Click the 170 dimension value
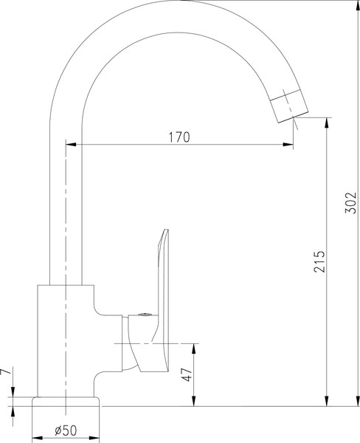(179, 137)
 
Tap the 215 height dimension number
(319, 262)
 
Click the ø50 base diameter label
(67, 430)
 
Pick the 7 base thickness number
(7, 374)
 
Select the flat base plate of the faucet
(66, 401)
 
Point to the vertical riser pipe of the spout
(66, 207)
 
